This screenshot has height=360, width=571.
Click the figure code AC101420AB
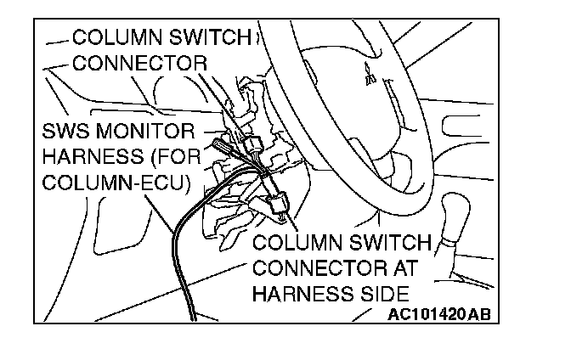439,315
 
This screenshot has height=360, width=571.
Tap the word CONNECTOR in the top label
139,63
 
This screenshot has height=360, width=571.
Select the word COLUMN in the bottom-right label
295,244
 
